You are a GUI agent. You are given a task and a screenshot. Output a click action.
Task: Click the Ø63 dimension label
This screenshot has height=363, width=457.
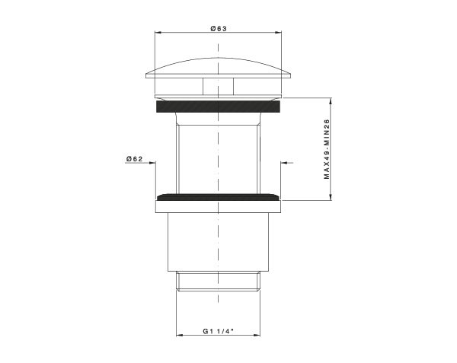(219, 27)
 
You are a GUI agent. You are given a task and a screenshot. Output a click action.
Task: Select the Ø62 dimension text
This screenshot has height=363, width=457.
(135, 158)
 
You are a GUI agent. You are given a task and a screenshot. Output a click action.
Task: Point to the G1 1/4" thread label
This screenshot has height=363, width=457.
(218, 331)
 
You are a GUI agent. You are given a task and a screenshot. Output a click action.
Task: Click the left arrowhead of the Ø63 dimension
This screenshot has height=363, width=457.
(158, 33)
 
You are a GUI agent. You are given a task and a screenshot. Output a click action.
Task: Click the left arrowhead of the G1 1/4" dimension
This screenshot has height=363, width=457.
(180, 336)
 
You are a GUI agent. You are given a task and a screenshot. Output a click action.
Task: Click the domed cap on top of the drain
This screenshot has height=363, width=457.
(218, 65)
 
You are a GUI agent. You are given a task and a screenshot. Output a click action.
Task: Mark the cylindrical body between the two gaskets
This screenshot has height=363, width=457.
(218, 156)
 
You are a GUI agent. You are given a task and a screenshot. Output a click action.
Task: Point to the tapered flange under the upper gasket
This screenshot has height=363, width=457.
(218, 117)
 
